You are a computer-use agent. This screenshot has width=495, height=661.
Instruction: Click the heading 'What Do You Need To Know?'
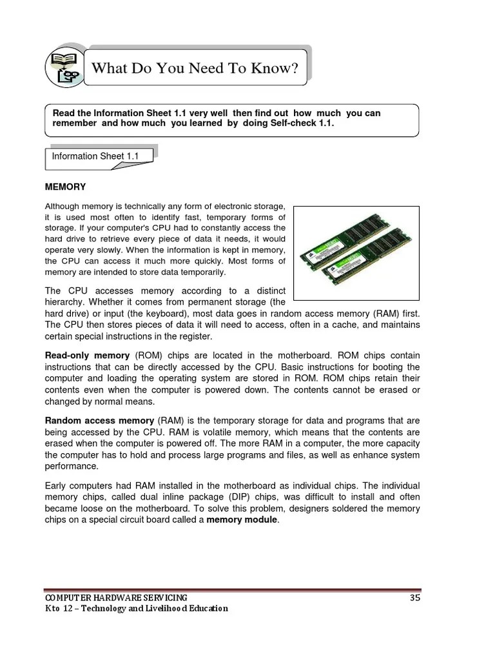tap(195, 68)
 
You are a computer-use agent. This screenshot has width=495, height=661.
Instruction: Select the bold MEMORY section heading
tap(65, 187)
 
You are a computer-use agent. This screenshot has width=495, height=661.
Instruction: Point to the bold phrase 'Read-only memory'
tap(87, 356)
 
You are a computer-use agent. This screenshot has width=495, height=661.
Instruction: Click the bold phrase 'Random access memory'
tap(99, 420)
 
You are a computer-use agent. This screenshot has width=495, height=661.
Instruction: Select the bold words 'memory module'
tap(242, 520)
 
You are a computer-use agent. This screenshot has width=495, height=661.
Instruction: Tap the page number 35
tap(415, 597)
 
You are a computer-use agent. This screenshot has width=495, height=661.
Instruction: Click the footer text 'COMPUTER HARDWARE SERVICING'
tap(116, 597)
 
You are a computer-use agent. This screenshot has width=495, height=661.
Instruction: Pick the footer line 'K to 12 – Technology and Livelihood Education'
tap(136, 609)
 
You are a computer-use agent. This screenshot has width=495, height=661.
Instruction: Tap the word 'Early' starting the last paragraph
tap(56, 485)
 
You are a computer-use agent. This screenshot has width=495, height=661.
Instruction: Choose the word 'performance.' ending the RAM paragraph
tap(72, 466)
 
